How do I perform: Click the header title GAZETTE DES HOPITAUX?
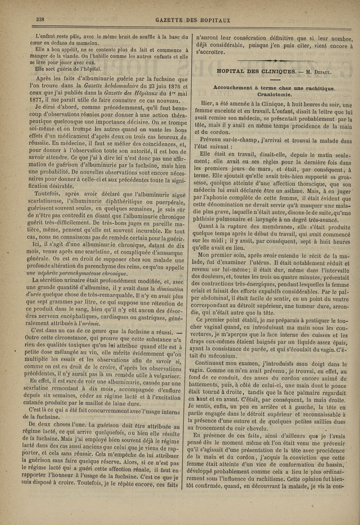coord(193,20)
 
